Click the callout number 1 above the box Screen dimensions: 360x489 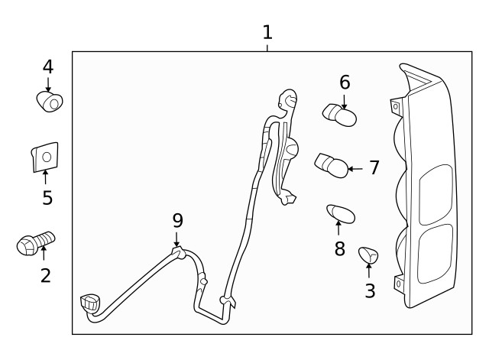[267, 32]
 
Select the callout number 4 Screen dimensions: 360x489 [47, 67]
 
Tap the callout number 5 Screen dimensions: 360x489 [47, 198]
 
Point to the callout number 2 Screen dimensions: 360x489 [45, 275]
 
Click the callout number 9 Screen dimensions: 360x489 [177, 221]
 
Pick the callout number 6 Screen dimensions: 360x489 [345, 82]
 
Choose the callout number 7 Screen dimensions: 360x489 [374, 167]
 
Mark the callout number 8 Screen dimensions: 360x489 [339, 248]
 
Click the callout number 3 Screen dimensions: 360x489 [370, 290]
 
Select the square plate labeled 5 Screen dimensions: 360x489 [44, 157]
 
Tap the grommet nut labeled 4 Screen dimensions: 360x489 [50, 101]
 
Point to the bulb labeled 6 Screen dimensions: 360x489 [341, 115]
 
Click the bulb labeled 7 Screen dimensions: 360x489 [332, 164]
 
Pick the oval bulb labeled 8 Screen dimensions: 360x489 [340, 213]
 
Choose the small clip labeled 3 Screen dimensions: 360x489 [369, 255]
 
